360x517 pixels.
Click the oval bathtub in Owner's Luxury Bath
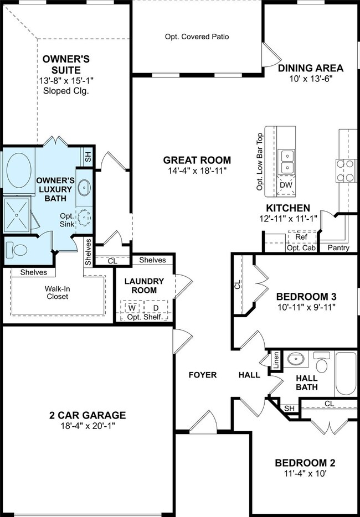(19, 170)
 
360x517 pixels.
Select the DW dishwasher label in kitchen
(286, 185)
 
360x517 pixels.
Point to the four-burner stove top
(345, 170)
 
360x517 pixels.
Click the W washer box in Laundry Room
(132, 307)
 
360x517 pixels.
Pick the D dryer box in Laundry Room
(156, 307)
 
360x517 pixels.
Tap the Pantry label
(338, 248)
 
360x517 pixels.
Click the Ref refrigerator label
(301, 237)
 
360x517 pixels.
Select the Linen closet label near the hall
(276, 360)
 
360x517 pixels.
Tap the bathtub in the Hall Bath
(346, 374)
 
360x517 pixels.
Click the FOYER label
(203, 375)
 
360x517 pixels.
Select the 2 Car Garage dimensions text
(88, 425)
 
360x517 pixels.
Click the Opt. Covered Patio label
(197, 37)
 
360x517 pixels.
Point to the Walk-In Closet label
(58, 292)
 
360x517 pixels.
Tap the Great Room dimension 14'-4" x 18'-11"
(197, 171)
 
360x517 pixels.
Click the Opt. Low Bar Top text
(260, 162)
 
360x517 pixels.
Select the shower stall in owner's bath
(17, 214)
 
